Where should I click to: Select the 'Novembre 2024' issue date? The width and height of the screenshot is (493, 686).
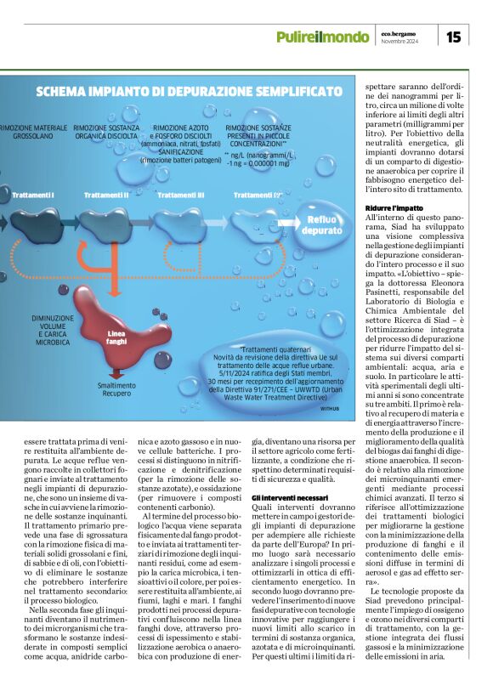click(401, 42)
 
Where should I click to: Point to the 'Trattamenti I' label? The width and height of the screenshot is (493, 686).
click(33, 195)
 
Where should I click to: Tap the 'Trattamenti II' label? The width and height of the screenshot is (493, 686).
click(106, 195)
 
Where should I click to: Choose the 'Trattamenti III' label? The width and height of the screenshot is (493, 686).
click(180, 195)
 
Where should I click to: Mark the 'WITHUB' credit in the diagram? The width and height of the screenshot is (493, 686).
click(329, 409)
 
